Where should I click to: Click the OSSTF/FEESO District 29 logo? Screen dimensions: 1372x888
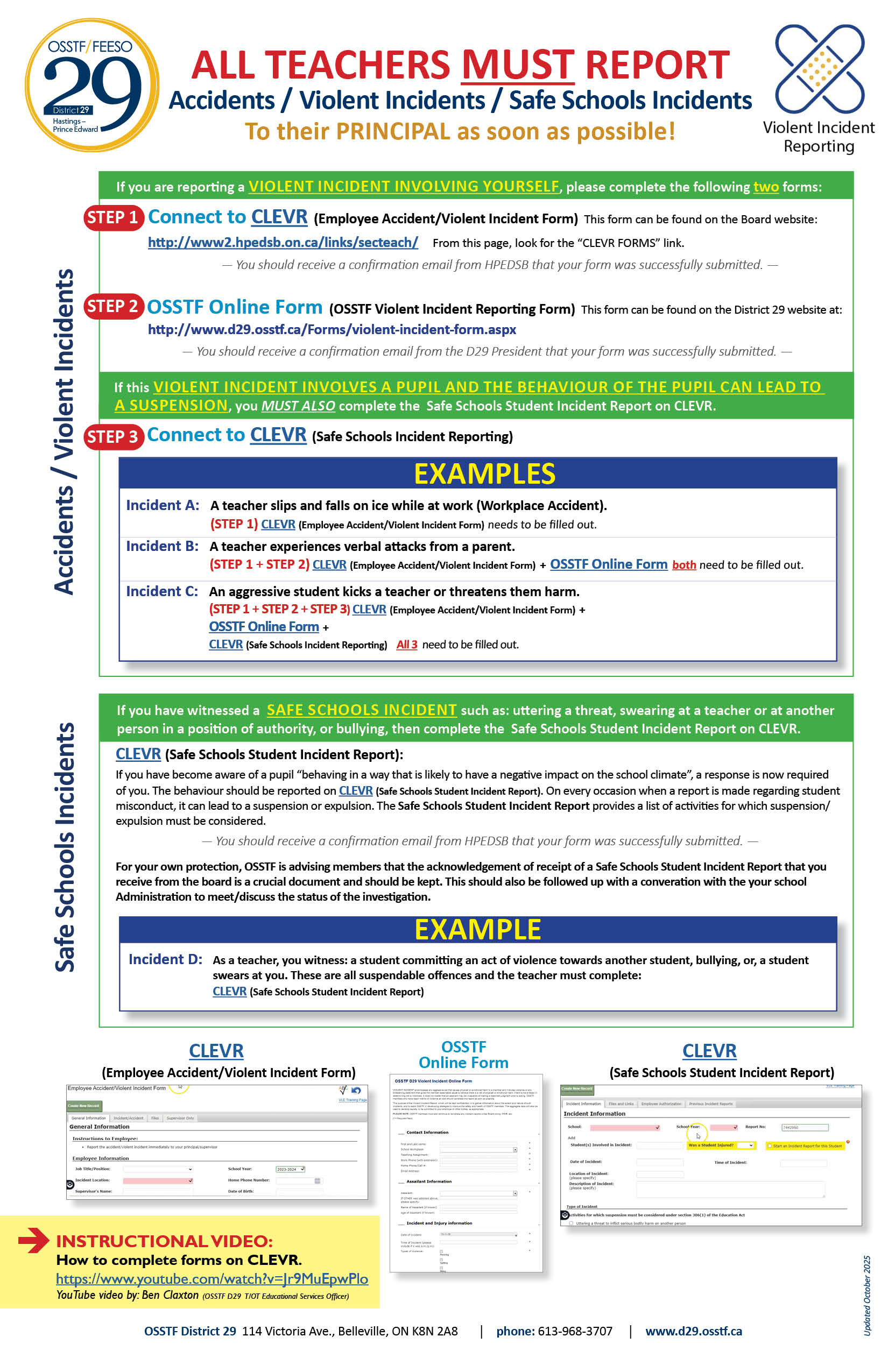(x=91, y=86)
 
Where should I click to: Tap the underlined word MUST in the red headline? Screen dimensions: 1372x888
(x=517, y=65)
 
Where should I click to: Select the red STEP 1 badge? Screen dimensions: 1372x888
(x=113, y=218)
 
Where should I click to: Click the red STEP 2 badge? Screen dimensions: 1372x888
(x=113, y=306)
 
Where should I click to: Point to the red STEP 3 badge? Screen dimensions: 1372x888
(x=113, y=436)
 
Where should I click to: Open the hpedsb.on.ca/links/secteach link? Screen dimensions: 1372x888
(x=283, y=242)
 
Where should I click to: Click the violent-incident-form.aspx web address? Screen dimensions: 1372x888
(x=332, y=329)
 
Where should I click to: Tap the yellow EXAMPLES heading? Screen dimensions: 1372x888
(x=484, y=473)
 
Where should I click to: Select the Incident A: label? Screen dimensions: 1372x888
(x=163, y=505)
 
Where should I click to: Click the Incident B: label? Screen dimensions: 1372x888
(x=162, y=546)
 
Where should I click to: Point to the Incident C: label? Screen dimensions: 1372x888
(x=162, y=591)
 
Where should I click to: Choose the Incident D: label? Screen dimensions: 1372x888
(x=165, y=959)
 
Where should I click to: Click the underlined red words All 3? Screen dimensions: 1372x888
(x=406, y=645)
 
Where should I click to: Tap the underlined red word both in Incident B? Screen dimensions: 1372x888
(x=684, y=565)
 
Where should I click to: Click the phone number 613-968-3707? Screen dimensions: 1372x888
(x=575, y=1331)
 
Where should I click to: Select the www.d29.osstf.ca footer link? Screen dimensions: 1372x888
(x=693, y=1331)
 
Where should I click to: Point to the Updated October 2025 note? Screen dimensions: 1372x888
(x=866, y=1295)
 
